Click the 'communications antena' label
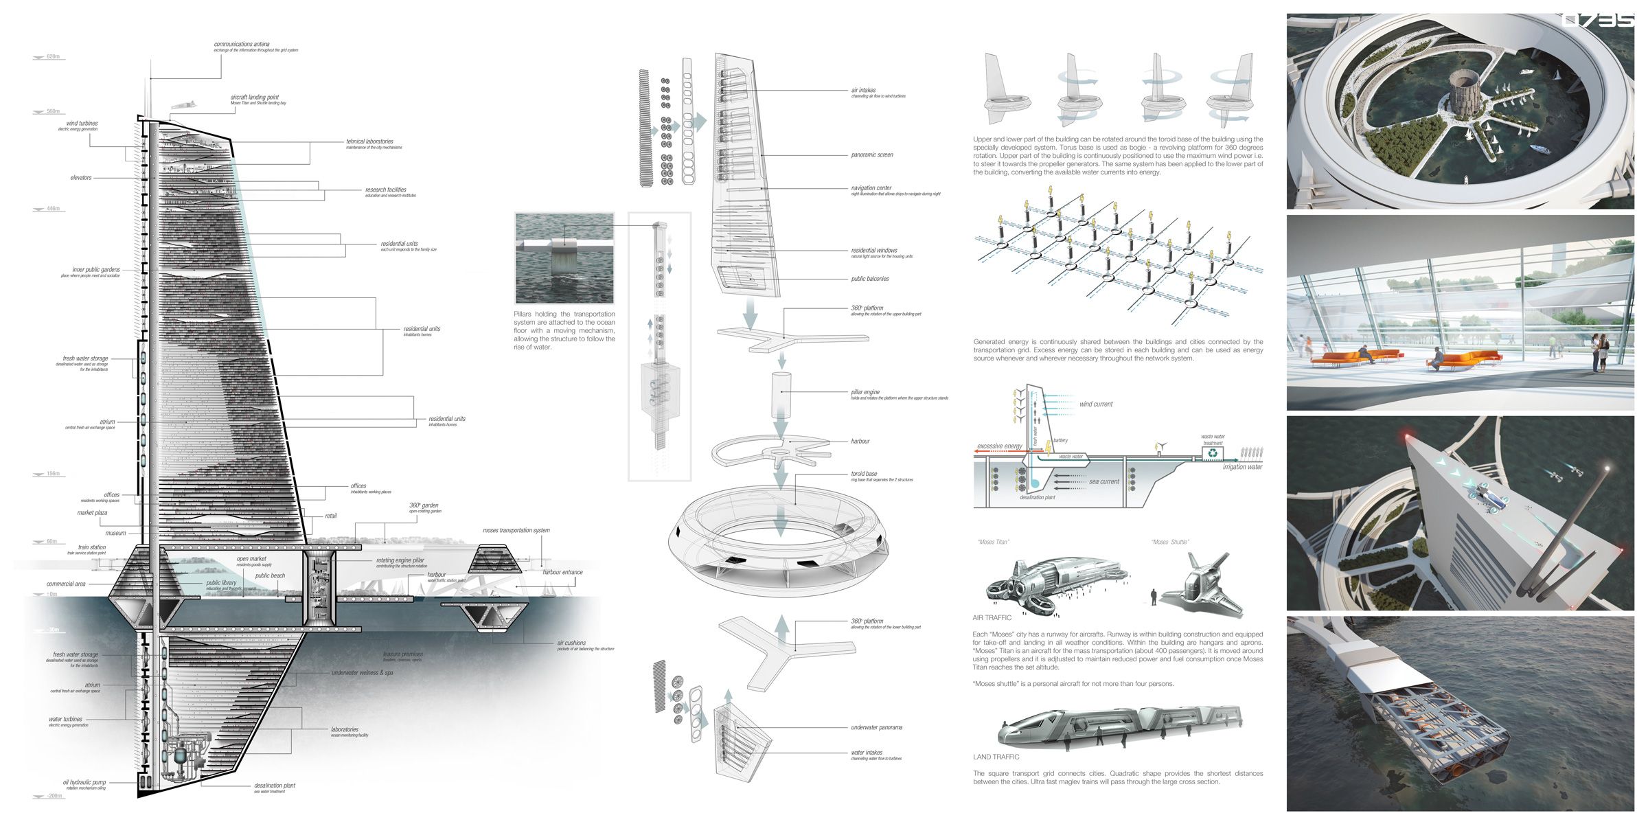242,45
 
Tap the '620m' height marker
53,57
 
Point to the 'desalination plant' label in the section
274,786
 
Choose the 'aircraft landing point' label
254,98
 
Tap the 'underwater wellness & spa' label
362,673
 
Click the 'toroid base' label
864,474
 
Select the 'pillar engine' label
865,392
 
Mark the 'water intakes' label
867,753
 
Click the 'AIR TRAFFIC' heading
992,618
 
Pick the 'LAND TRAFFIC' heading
996,757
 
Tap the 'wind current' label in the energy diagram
1096,404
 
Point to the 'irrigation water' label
1242,467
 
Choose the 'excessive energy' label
1000,446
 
